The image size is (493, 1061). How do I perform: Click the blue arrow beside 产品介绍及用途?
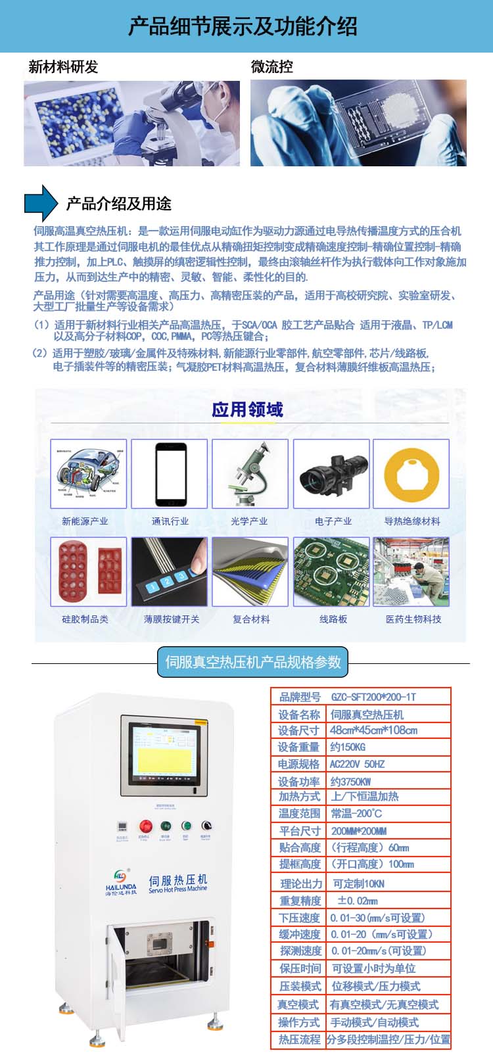click(41, 202)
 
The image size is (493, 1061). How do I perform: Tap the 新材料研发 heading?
click(63, 67)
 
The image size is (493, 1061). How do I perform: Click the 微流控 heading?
click(271, 67)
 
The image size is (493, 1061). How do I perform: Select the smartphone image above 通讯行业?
click(170, 473)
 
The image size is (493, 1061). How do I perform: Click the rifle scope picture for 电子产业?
click(333, 473)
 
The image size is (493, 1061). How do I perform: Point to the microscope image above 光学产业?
click(250, 473)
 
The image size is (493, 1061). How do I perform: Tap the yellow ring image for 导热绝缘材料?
click(411, 473)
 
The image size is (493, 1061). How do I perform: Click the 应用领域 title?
click(247, 410)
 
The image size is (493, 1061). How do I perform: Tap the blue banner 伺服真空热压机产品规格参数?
click(252, 662)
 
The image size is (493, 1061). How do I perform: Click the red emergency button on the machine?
click(145, 826)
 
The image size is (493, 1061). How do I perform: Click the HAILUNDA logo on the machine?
click(120, 882)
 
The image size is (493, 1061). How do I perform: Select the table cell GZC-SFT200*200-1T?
click(373, 697)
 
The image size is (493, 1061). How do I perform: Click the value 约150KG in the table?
click(348, 747)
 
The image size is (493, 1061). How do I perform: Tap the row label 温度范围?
click(299, 814)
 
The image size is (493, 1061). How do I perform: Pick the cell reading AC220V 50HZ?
click(357, 765)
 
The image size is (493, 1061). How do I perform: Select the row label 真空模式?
click(299, 1004)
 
